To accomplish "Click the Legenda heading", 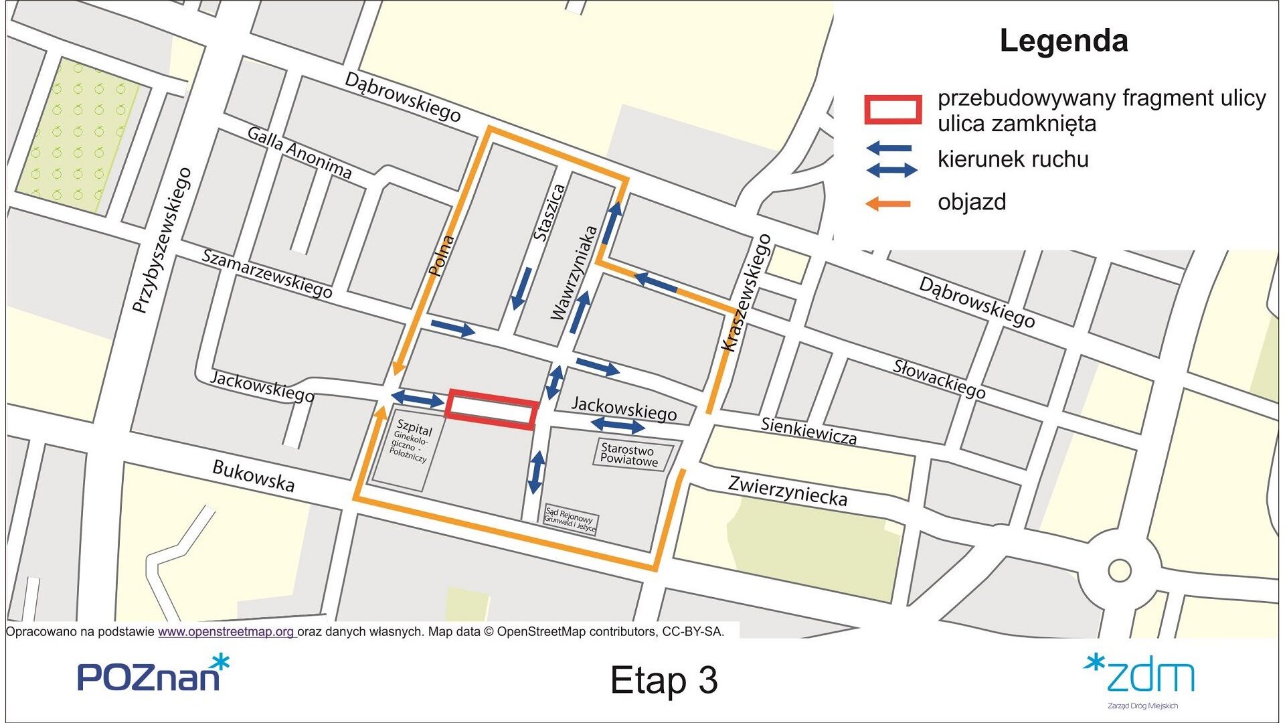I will coord(1063,41).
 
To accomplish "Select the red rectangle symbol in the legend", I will coord(893,110).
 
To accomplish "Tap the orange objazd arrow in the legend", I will coord(888,204).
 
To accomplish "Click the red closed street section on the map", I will coord(492,409).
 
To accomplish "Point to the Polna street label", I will coord(441,256).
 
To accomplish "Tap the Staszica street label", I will coord(550,213).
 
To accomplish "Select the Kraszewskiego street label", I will coord(747,293).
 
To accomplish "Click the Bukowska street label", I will coord(253,476).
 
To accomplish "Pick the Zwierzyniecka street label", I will coord(788,491).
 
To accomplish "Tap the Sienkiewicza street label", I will coord(808,430).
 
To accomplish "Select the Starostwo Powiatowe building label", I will coord(629,455).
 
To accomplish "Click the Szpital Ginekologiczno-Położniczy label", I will coord(410,441).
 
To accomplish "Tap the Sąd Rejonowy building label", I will coord(570,519).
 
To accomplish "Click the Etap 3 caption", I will coord(664,680).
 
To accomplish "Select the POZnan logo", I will coord(153,674).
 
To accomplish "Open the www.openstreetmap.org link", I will coord(226,631).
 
